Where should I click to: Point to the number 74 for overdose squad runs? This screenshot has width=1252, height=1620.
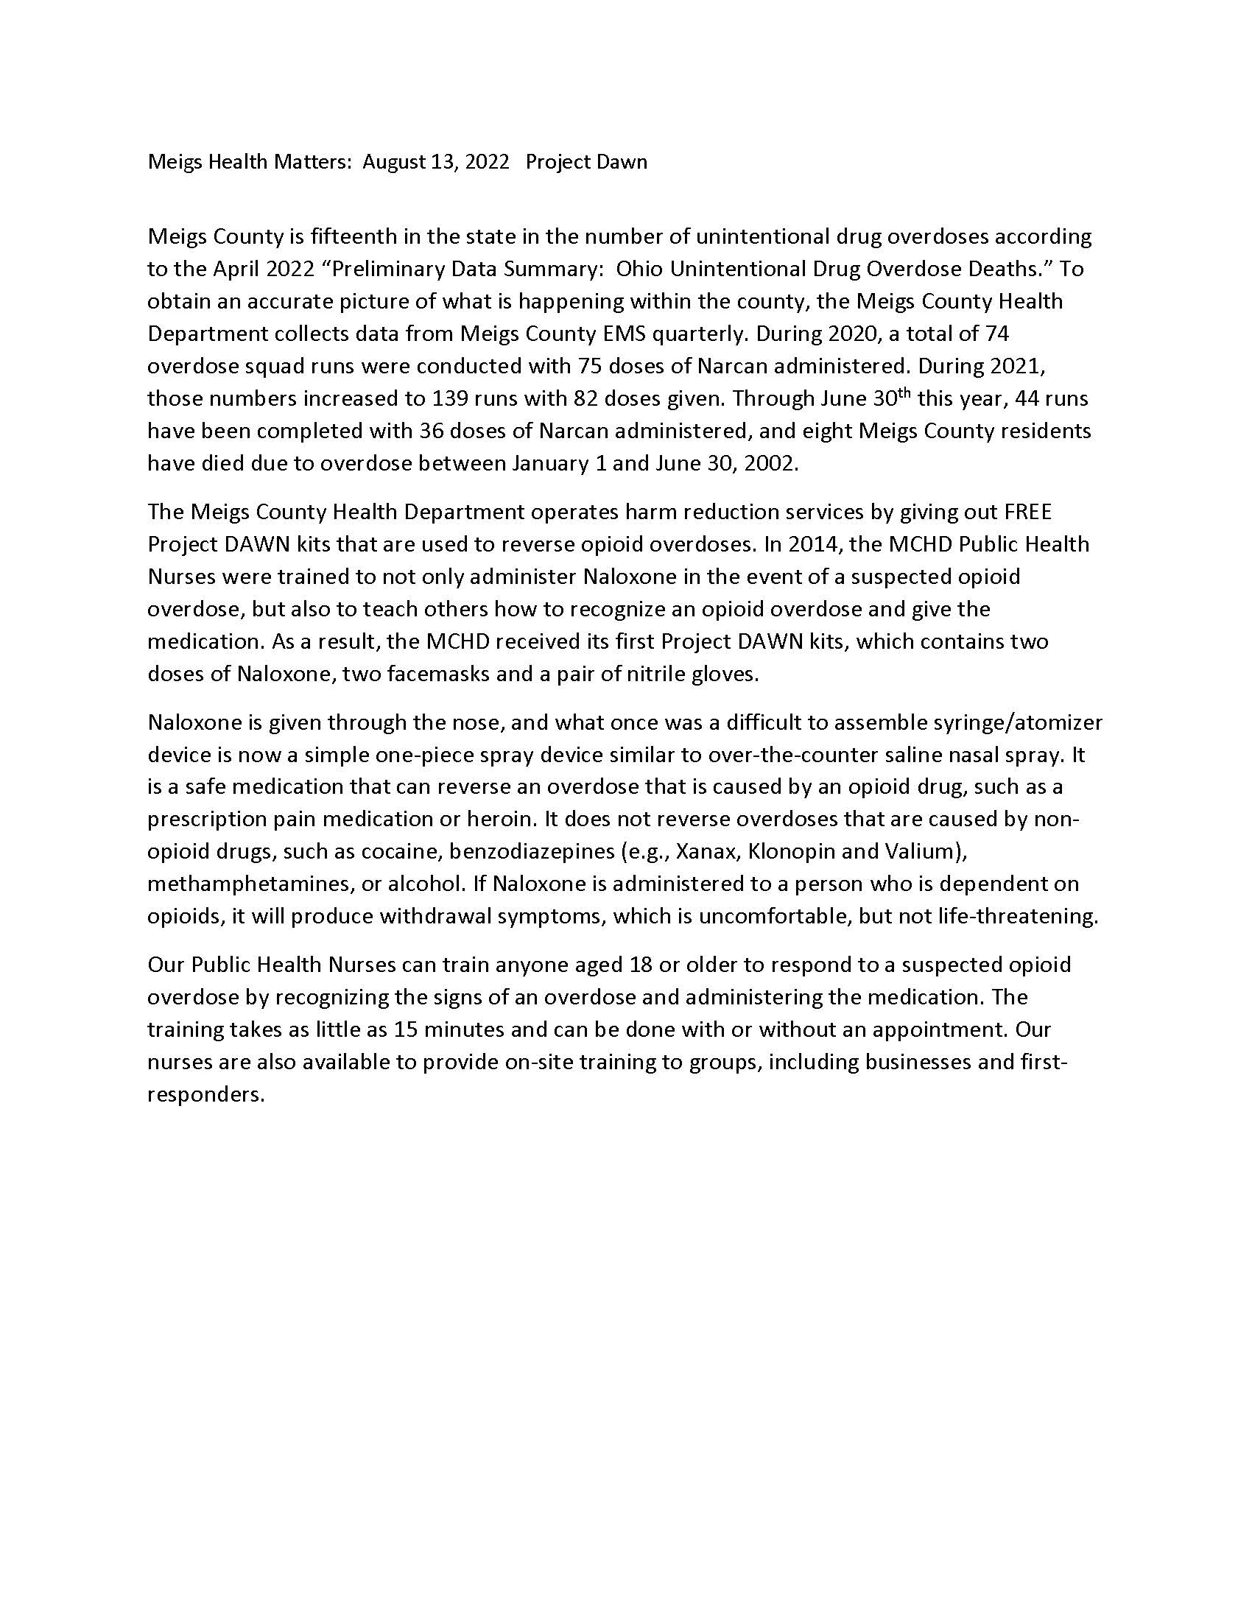click(997, 334)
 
